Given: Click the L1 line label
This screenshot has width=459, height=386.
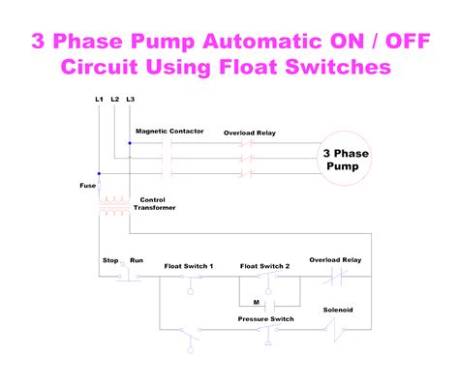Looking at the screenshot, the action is (99, 99).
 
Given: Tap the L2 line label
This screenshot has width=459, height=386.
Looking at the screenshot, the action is (115, 99).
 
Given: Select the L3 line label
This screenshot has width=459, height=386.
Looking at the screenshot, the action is (131, 99).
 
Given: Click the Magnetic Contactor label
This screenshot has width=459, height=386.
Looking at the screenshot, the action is (169, 131).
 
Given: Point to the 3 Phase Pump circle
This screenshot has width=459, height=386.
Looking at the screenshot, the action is (345, 131).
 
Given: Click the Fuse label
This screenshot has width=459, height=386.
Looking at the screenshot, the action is (88, 186).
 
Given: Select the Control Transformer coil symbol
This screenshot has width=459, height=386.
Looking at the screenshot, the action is (114, 205).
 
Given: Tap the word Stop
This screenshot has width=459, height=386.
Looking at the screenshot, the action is (110, 260).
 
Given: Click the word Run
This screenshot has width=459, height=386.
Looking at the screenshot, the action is (137, 260).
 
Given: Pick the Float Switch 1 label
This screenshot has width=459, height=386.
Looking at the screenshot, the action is (189, 266).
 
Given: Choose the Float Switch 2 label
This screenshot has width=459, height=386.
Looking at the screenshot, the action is (264, 266).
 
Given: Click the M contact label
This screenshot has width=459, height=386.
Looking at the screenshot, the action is (257, 302).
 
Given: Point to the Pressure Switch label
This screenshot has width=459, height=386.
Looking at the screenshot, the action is (266, 319).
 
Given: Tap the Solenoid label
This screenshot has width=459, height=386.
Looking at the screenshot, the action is (338, 310).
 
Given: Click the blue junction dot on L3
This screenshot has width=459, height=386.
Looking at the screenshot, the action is (130, 143).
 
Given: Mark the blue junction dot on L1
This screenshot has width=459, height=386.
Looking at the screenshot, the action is (99, 173).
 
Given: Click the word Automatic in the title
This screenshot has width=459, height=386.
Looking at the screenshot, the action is (262, 42).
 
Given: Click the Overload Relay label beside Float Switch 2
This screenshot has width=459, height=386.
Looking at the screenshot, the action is (335, 260).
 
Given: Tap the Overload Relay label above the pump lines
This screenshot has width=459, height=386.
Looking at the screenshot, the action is (250, 133).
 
